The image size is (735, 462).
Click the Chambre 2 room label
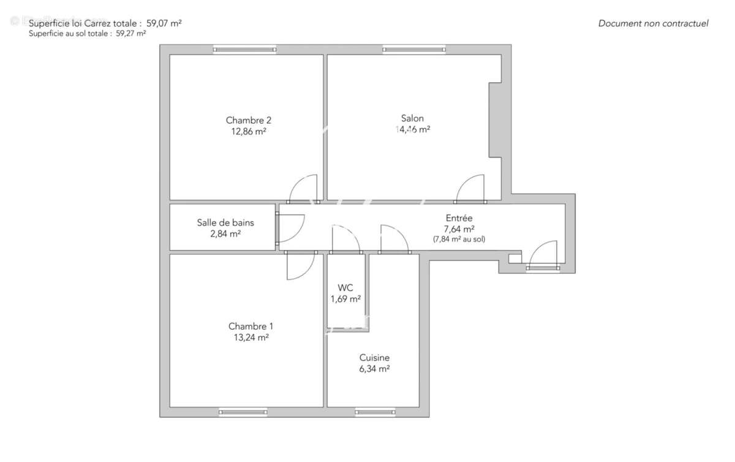(x=248, y=120)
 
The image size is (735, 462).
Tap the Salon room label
(x=412, y=118)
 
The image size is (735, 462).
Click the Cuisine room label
(x=374, y=358)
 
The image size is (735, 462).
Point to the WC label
(x=345, y=288)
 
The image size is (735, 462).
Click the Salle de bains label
(x=225, y=223)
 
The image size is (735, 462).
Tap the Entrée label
(x=459, y=218)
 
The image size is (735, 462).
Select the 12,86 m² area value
(x=248, y=131)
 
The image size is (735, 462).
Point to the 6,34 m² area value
(x=374, y=369)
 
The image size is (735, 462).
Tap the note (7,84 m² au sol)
(x=459, y=240)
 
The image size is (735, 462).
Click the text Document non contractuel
(x=653, y=24)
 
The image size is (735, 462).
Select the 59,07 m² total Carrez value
(x=164, y=23)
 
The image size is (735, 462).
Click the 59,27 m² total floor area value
(x=130, y=34)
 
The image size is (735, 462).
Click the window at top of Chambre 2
(x=244, y=50)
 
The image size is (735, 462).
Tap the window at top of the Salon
(x=414, y=50)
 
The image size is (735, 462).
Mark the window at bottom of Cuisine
(x=374, y=412)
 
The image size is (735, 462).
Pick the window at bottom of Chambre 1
(x=243, y=412)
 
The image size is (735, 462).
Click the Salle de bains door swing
(x=291, y=227)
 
